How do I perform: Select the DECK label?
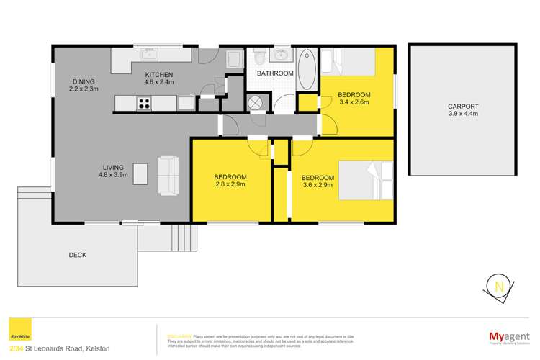click(78, 254)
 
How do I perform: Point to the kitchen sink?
click(151, 55)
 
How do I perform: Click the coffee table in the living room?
click(142, 174)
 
